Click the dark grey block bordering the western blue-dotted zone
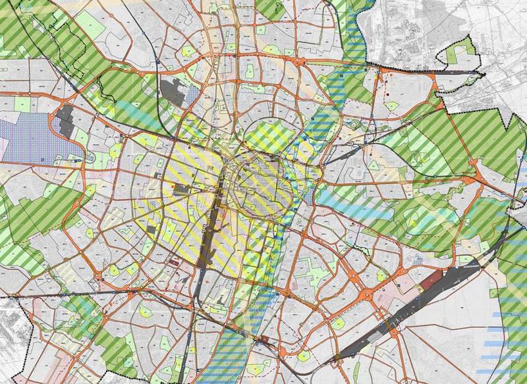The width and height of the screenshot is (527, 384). (65, 123)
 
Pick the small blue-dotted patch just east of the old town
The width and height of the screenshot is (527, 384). (310, 196)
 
